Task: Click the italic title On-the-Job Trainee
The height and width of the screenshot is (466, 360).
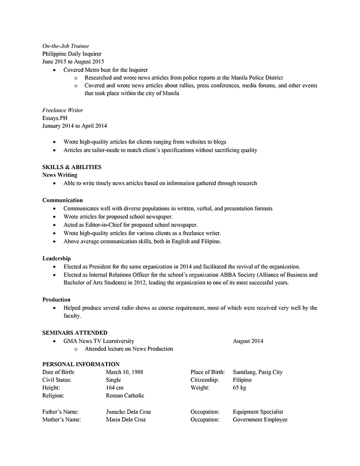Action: [66, 46]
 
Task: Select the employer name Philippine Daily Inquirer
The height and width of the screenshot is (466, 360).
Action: [72, 54]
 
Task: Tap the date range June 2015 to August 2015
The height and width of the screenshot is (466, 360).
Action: [73, 61]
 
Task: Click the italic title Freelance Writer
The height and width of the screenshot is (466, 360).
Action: [63, 110]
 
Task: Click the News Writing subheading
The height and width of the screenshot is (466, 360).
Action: [60, 175]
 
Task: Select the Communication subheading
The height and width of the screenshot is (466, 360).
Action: [62, 200]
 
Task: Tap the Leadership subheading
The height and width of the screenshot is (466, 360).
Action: [56, 258]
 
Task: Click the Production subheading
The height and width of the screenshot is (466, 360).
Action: [56, 299]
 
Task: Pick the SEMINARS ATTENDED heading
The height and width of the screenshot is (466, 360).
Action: [75, 333]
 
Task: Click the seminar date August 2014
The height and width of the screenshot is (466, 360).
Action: [248, 341]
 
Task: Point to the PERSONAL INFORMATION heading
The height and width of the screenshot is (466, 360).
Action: [81, 364]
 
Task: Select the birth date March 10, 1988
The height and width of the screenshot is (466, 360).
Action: [124, 372]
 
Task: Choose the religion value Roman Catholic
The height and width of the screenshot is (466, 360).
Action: [125, 395]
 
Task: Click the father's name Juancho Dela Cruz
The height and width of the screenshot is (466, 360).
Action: [128, 412]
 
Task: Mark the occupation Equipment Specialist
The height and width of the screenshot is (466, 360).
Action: [258, 412]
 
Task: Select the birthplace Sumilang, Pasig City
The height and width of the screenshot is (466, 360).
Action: [258, 372]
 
